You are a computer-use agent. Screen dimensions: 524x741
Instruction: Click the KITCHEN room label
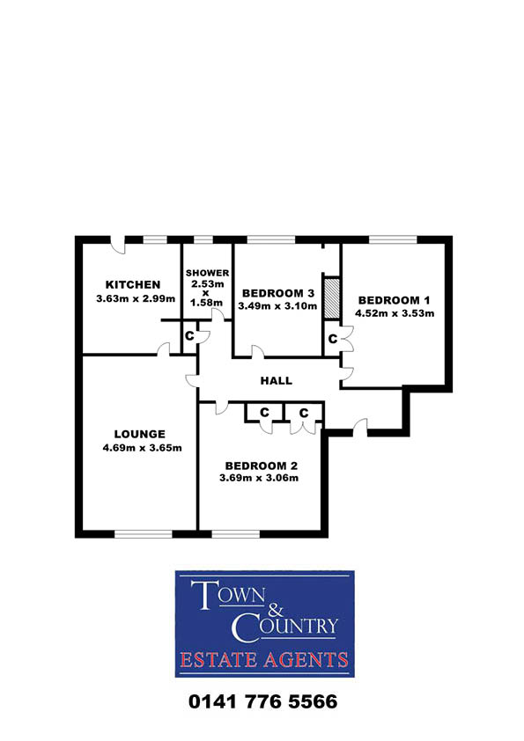[133, 284]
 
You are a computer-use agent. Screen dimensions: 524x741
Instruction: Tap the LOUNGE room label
[139, 434]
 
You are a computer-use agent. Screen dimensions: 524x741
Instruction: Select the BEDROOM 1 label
[394, 300]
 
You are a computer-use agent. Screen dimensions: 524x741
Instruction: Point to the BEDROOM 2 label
[261, 466]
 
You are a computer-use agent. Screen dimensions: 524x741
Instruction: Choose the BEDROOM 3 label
[278, 293]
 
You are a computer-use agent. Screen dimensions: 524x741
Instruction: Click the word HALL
[277, 381]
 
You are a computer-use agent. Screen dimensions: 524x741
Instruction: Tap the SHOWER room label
[207, 273]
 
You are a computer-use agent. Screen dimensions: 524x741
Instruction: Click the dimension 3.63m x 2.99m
[136, 298]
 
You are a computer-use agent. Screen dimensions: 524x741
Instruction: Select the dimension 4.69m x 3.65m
[143, 448]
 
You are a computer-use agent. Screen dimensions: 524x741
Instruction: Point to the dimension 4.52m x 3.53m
[395, 313]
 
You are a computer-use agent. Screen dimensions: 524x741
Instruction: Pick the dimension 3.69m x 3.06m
[259, 478]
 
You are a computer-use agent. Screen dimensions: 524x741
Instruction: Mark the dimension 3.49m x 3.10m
[277, 306]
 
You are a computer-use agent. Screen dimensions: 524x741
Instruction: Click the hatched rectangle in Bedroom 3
[331, 298]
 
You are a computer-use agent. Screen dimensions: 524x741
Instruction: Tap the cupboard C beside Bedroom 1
[333, 339]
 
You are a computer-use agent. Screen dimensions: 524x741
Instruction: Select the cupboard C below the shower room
[189, 335]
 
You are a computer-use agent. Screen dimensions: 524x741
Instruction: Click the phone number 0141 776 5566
[263, 701]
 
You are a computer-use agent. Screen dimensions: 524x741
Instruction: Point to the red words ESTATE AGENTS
[264, 660]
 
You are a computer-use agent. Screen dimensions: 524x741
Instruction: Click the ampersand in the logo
[276, 610]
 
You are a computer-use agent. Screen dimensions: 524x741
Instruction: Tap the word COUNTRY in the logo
[284, 627]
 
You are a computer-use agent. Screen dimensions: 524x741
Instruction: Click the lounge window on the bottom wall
[144, 534]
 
